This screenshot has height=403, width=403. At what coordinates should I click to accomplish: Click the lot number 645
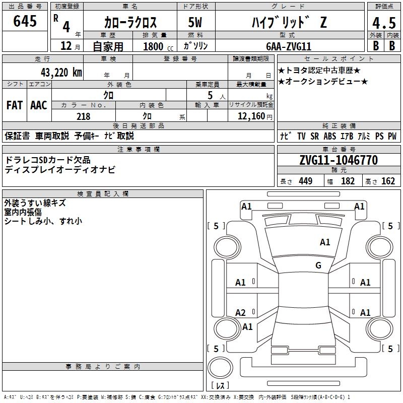pyautogui.click(x=25, y=22)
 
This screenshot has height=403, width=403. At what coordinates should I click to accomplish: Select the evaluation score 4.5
pyautogui.click(x=383, y=24)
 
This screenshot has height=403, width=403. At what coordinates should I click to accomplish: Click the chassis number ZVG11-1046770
pyautogui.click(x=339, y=161)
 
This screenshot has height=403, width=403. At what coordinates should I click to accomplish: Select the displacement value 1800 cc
pyautogui.click(x=157, y=46)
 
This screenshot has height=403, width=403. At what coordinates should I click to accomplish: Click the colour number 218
pyautogui.click(x=83, y=116)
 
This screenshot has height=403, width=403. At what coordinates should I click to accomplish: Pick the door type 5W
pyautogui.click(x=195, y=22)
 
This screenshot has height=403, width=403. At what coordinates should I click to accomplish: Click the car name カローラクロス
pyautogui.click(x=130, y=23)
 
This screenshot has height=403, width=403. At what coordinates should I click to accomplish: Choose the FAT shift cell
pyautogui.click(x=15, y=105)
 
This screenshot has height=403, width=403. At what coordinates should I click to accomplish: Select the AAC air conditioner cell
pyautogui.click(x=39, y=105)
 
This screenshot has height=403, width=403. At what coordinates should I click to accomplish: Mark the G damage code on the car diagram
pyautogui.click(x=318, y=265)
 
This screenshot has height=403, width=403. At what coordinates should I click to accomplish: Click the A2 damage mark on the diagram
pyautogui.click(x=241, y=313)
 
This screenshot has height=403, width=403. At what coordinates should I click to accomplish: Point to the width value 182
pyautogui.click(x=348, y=181)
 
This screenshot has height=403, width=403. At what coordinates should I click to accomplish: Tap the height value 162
pyautogui.click(x=388, y=181)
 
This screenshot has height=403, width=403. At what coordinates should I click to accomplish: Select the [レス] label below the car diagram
pyautogui.click(x=221, y=386)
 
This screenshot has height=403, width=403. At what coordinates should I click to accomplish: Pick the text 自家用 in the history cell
pyautogui.click(x=108, y=46)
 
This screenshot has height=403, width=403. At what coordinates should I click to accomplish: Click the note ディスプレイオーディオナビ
pyautogui.click(x=60, y=169)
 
